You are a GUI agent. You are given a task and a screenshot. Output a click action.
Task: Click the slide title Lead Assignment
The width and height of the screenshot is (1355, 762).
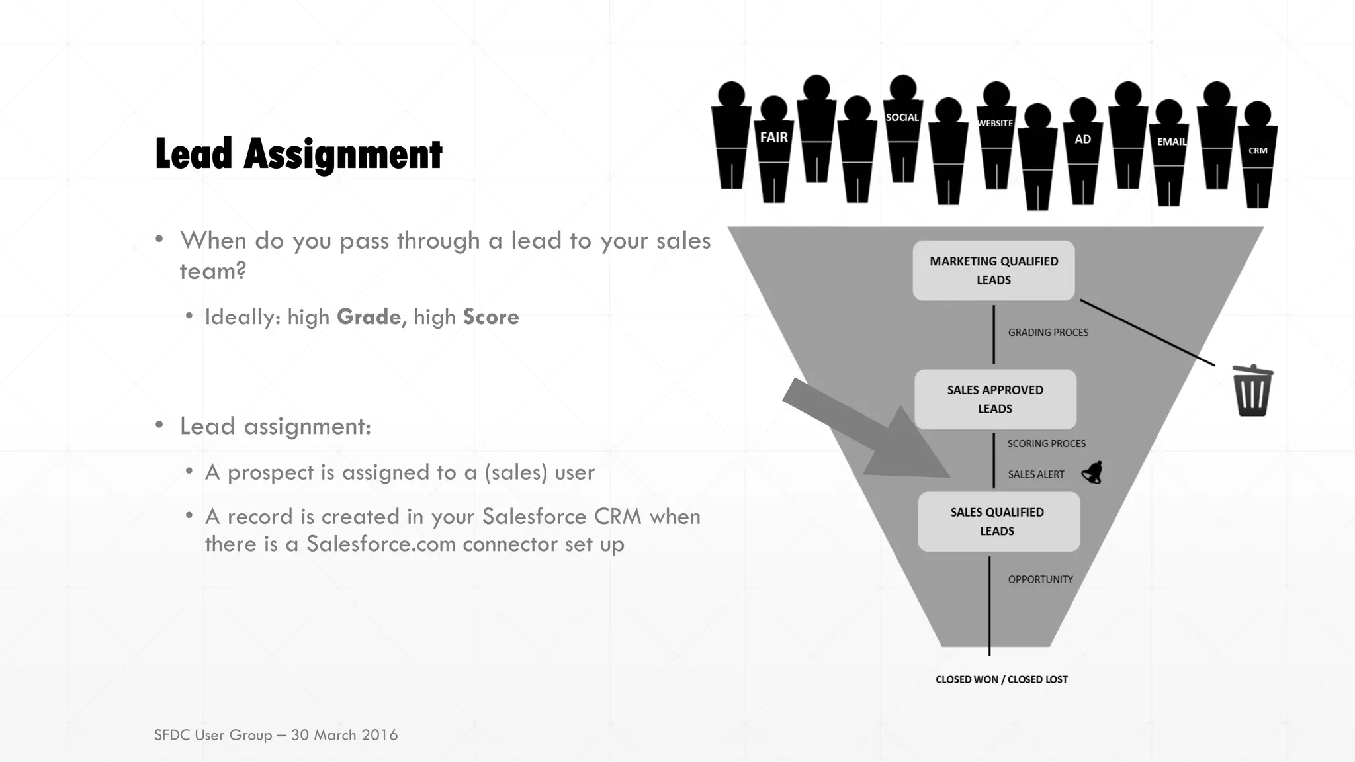[x=298, y=154]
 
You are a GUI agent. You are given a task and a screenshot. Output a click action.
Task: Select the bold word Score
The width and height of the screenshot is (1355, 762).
[x=491, y=317]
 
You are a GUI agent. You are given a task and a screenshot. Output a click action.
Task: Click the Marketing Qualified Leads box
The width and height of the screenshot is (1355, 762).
[x=993, y=271]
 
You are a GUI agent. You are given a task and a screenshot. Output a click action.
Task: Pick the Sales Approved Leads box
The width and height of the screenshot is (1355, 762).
[x=995, y=400]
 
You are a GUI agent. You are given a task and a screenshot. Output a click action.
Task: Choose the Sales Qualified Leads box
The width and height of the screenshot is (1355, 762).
[x=998, y=521]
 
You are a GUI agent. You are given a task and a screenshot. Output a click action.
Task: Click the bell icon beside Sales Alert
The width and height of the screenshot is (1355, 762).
[x=1092, y=472]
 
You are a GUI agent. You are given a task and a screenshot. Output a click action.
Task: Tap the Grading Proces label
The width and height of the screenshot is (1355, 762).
[x=1048, y=332]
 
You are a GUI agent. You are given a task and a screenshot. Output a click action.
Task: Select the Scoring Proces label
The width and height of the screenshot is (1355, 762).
[x=1046, y=443]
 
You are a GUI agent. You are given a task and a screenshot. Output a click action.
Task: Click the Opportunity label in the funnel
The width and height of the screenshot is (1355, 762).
[x=1040, y=579]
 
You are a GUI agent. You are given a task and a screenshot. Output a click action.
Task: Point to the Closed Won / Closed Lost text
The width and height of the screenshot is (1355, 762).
[x=1001, y=679]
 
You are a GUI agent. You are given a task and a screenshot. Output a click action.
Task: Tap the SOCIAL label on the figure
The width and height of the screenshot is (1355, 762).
[x=902, y=118]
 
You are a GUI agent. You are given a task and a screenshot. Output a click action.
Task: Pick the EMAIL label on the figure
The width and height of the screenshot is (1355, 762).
[x=1170, y=142]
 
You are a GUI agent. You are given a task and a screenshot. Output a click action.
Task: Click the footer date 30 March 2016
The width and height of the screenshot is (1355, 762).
[x=344, y=735]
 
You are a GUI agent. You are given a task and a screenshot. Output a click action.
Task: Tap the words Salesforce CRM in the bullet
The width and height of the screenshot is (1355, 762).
[x=562, y=517]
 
